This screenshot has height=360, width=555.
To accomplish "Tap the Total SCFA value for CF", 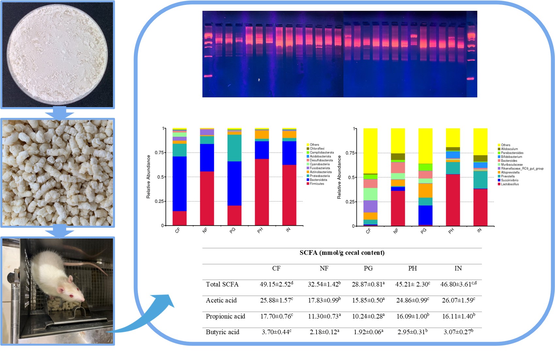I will tap(276, 284).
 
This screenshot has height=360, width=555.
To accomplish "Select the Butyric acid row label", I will tap(222, 332).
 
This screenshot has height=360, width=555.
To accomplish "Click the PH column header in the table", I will tap(412, 268).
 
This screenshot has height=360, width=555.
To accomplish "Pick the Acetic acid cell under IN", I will tap(458, 300).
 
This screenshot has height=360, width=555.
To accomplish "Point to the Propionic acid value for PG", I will tap(368, 316).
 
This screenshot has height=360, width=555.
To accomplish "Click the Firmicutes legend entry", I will tap(317, 184).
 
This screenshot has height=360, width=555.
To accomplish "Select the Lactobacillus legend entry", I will tap(510, 184).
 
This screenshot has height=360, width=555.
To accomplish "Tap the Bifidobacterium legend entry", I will tap(511, 157).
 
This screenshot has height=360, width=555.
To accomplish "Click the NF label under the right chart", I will tap(396, 231).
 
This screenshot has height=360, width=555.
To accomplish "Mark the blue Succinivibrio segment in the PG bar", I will tap(425, 215).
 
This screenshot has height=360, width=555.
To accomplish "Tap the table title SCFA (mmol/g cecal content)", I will tap(342, 253).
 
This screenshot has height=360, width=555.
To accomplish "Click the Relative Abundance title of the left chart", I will tap(149, 176).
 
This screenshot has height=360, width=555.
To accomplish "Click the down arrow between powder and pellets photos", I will tap(59, 113).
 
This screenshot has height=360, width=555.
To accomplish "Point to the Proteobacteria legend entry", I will tap(319, 176).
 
